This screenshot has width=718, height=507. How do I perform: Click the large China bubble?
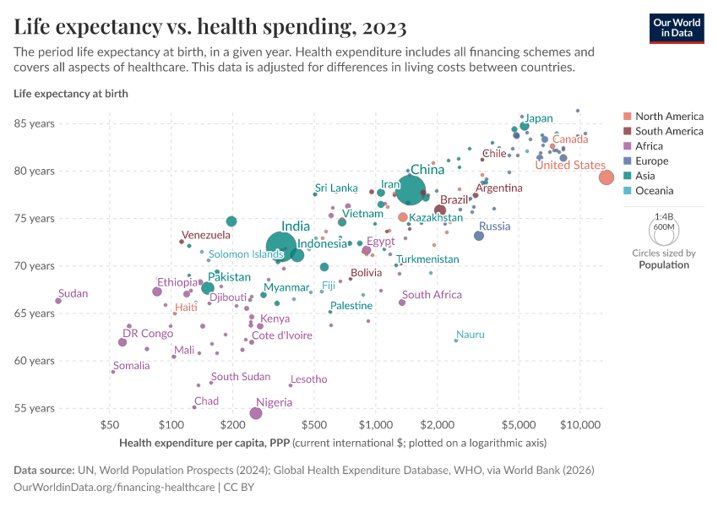411,189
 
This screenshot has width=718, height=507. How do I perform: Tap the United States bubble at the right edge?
606,177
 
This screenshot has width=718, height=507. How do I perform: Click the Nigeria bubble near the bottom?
256,413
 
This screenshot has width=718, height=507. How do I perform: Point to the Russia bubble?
479,236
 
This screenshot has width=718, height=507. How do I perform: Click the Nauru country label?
471,335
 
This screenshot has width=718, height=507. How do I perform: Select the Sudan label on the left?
73,294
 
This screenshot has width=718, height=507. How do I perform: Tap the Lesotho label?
308,379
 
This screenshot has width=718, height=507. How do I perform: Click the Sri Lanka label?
336,188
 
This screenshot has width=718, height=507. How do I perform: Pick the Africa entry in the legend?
649,146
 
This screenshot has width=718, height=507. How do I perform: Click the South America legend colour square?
627,131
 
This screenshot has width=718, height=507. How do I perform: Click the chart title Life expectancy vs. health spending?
210,27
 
